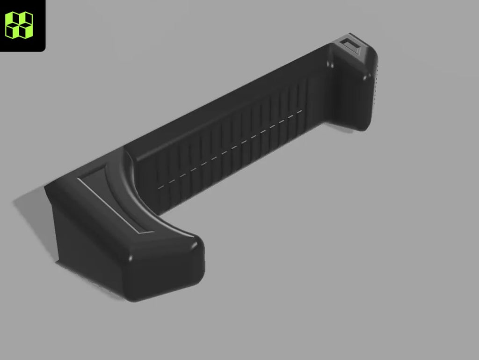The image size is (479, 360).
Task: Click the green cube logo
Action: [19, 24]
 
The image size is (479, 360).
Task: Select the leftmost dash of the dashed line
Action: [161, 187]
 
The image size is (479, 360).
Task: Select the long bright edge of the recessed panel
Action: [108, 206]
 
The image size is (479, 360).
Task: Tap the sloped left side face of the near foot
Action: [84, 243]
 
